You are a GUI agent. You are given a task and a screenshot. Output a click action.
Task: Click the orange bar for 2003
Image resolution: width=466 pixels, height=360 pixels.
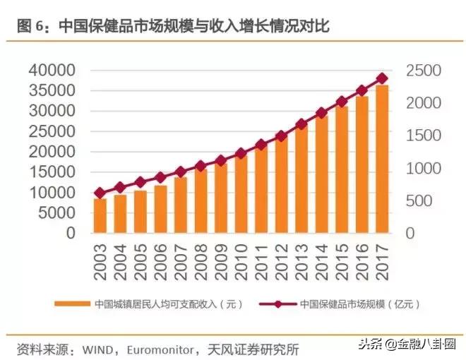100,215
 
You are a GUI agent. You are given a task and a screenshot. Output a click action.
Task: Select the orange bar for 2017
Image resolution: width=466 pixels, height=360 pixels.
382,159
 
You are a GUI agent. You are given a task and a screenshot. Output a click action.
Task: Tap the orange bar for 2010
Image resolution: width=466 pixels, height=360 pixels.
241,195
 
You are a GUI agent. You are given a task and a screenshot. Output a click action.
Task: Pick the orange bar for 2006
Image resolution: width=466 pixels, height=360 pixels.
160,209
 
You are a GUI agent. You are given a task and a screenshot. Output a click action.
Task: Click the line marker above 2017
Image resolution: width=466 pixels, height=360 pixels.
382,78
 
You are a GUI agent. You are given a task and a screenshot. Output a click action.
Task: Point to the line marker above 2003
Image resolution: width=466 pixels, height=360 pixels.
100,193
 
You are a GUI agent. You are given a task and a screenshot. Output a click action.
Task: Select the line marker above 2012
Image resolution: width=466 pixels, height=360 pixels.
281,136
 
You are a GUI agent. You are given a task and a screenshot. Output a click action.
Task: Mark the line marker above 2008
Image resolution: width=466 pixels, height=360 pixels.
201,166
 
